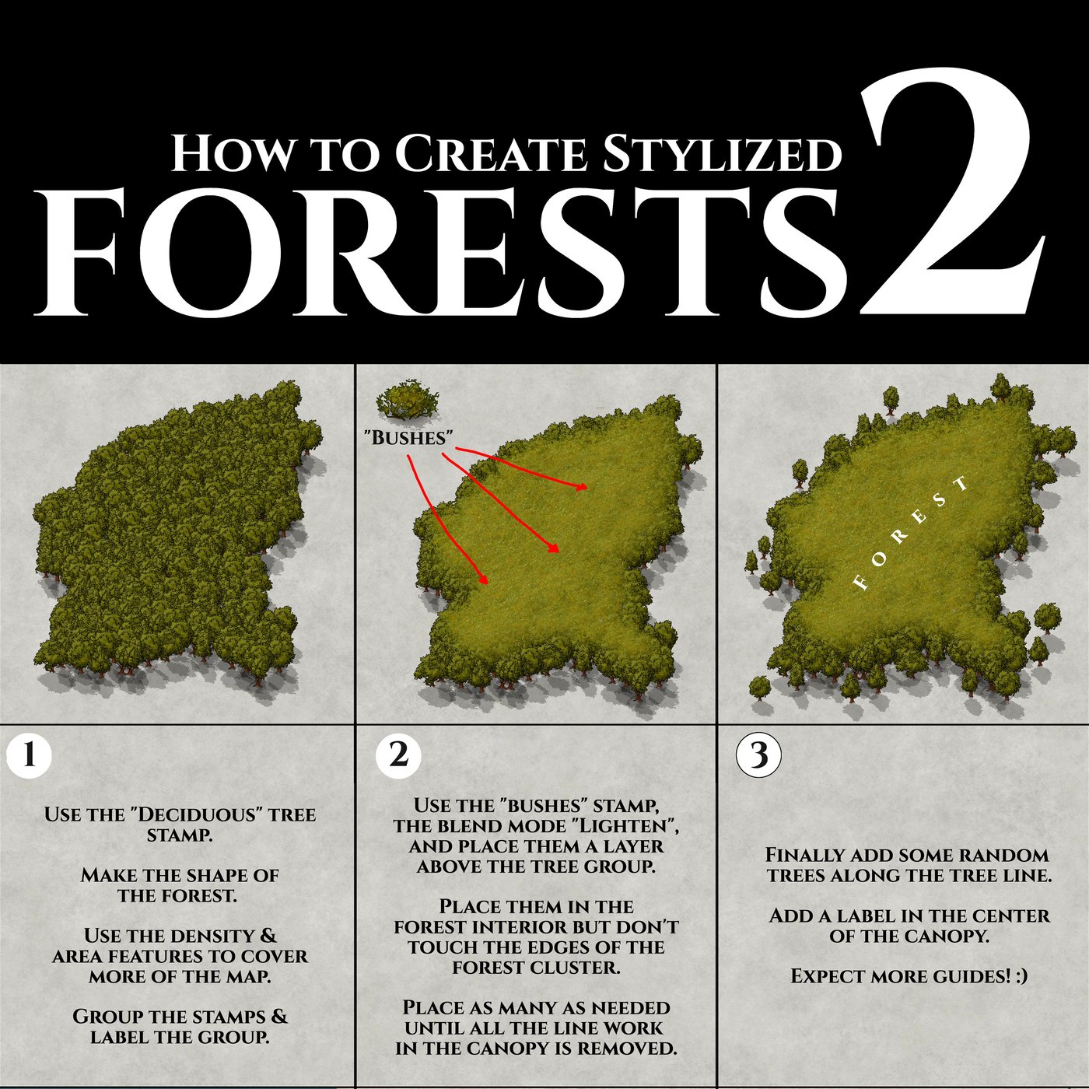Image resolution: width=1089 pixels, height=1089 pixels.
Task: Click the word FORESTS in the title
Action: [x=443, y=253]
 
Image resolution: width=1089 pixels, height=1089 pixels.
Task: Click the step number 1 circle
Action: [x=29, y=755]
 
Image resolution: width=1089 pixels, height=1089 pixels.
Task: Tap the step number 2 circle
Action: [x=397, y=755]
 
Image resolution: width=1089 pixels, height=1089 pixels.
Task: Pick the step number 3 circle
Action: [x=758, y=755]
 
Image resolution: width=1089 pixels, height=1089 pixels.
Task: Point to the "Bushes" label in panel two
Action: [x=408, y=437]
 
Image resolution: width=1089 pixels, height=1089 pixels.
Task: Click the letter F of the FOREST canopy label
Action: [x=860, y=582]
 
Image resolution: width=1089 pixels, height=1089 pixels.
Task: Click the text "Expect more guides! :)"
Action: [x=909, y=976]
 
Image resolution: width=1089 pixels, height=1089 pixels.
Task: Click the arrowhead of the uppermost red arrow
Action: [x=583, y=488]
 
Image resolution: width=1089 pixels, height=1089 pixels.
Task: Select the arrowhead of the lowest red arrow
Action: [x=485, y=580]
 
